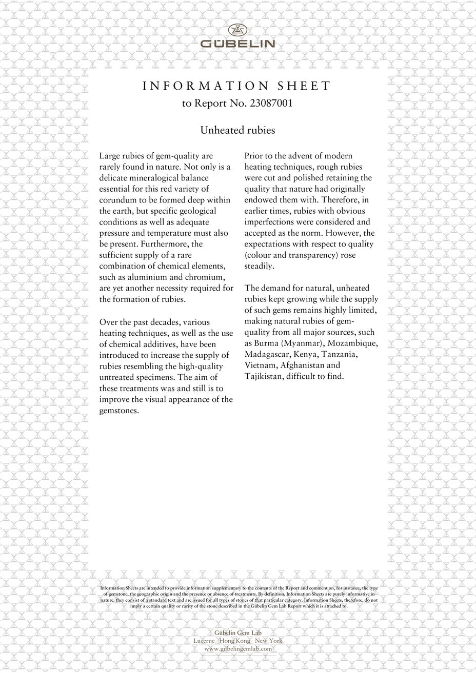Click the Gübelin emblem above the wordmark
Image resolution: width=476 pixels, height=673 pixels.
(237, 30)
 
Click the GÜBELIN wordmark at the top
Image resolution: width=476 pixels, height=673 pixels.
(237, 44)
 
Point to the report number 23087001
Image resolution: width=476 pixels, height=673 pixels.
(270, 103)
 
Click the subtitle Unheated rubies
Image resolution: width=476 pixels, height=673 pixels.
(237, 130)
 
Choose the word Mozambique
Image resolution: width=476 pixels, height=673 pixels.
(353, 343)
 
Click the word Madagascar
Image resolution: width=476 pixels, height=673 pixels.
(267, 354)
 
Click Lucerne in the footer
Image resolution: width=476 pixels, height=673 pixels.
(204, 641)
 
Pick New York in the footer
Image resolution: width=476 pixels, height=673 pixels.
(269, 641)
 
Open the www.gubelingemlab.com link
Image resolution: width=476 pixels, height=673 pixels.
(237, 649)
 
